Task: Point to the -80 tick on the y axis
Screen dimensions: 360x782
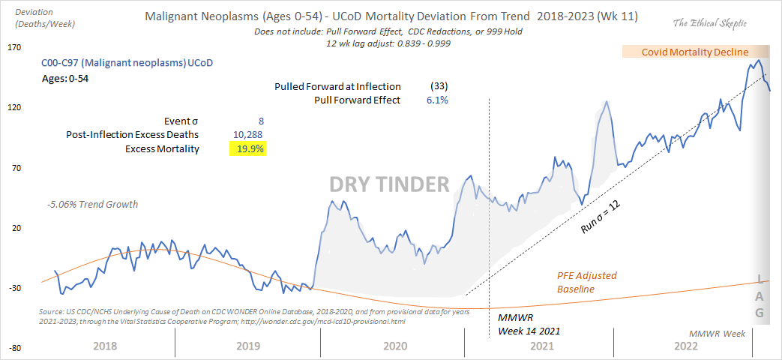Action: [x=13, y=349]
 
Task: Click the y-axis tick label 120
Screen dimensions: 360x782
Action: [x=13, y=108]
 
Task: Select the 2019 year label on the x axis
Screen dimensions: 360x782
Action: [x=247, y=346]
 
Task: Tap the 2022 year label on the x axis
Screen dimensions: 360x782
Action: [x=686, y=346]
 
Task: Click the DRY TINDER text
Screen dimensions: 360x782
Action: [x=391, y=184]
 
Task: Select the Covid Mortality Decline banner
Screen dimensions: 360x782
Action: [x=694, y=52]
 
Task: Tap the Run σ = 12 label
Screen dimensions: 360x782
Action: [x=602, y=217]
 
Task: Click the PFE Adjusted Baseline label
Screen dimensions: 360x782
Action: [x=586, y=282]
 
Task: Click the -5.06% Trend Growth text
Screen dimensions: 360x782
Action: [x=91, y=204]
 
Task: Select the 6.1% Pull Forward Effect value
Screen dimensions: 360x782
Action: [x=437, y=100]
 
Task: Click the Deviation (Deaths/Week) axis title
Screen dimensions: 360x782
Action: [x=33, y=19]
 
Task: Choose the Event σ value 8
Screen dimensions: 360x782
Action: [x=260, y=121]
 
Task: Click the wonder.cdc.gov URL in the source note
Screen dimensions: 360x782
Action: [x=331, y=322]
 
